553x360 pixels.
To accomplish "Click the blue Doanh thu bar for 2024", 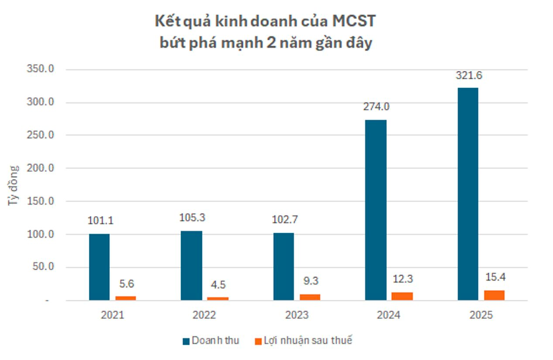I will point(375,210).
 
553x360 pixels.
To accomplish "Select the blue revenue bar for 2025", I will point(468,194).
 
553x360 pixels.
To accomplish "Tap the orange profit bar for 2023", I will point(310,297).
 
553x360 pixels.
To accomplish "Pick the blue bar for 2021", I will point(99,267).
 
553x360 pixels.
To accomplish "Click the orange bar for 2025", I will point(494,295).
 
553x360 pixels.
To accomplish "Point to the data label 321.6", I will point(469,75).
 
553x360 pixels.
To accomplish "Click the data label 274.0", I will point(376,107).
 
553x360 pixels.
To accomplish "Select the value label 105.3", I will point(192,218).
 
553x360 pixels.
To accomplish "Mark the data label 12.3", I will point(403,279).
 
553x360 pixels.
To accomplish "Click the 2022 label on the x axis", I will point(205,315).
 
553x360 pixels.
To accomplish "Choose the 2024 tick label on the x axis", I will point(389,315).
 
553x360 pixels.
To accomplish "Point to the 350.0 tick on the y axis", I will point(41,69).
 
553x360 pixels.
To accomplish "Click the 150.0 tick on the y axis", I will point(41,201).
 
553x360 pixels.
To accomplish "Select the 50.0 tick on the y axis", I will point(44,267).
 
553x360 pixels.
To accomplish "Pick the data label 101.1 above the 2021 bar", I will point(100,221).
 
